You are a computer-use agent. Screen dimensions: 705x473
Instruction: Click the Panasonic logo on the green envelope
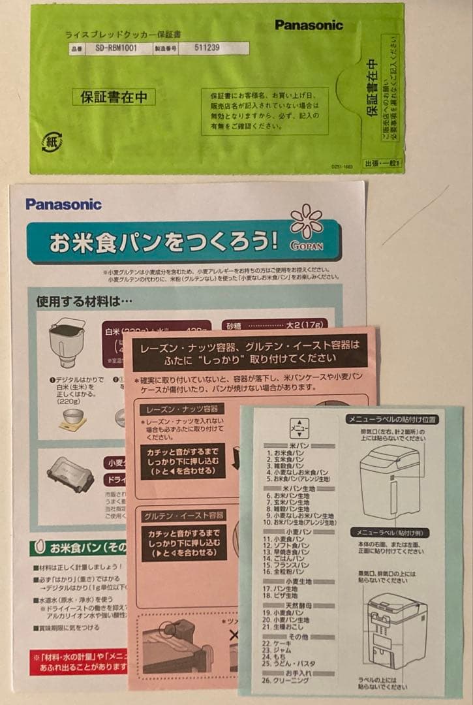[x=309, y=25]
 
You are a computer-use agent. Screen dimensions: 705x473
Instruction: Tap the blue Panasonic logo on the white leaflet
[x=63, y=204]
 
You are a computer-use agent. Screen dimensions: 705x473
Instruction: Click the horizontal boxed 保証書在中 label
[x=114, y=97]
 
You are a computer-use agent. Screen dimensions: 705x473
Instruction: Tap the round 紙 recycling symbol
[x=52, y=142]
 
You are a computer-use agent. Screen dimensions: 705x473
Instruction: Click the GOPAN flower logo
[x=307, y=226]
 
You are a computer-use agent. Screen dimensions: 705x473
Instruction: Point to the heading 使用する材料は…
[x=84, y=301]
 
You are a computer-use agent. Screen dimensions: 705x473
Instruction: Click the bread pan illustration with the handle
[x=67, y=342]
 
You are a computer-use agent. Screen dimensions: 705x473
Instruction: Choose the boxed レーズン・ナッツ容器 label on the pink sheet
[x=182, y=409]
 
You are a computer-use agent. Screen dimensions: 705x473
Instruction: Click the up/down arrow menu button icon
[x=299, y=428]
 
